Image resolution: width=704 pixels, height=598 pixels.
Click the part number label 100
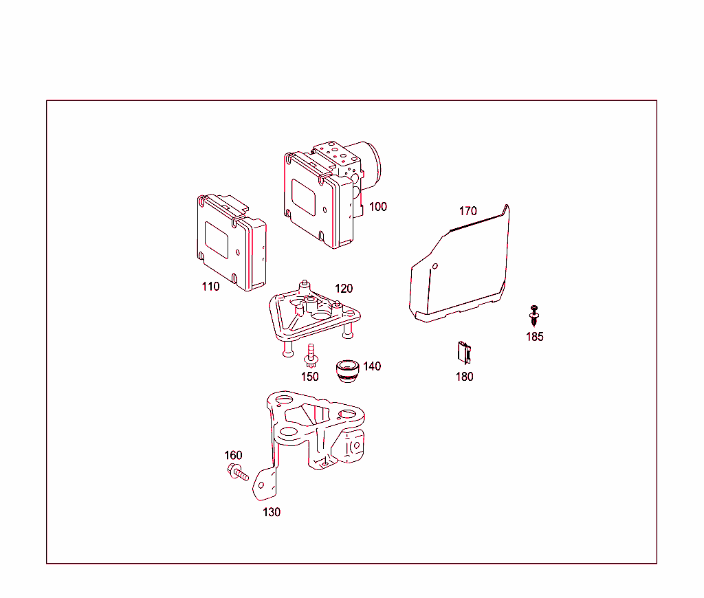pos(377,206)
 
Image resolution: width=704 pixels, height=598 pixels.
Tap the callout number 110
pos(210,287)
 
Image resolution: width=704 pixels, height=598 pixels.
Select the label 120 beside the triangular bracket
pos(344,289)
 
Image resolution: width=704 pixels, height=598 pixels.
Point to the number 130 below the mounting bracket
pos(272,512)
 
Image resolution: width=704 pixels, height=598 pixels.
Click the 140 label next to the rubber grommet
pos(372,366)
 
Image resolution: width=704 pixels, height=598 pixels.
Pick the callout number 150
pos(310,377)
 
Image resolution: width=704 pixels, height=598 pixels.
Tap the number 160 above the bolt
pos(233,455)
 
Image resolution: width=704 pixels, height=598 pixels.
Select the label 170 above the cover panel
pos(467,211)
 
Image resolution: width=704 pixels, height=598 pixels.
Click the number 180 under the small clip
pos(465,377)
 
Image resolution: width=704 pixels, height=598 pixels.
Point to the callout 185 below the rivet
pos(535,337)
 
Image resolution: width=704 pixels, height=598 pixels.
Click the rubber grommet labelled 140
pos(347,371)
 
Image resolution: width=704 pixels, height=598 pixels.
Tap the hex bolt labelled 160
pos(237,472)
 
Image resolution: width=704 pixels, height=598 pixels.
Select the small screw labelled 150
pos(311,355)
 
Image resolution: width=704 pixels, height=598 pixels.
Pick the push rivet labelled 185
pos(533,315)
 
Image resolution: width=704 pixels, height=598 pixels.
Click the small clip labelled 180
pos(464,353)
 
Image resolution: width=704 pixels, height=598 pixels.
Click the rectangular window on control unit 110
pos(217,240)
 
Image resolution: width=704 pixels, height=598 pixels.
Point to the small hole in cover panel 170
pos(434,266)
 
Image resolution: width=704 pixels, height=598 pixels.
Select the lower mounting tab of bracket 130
pos(264,485)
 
